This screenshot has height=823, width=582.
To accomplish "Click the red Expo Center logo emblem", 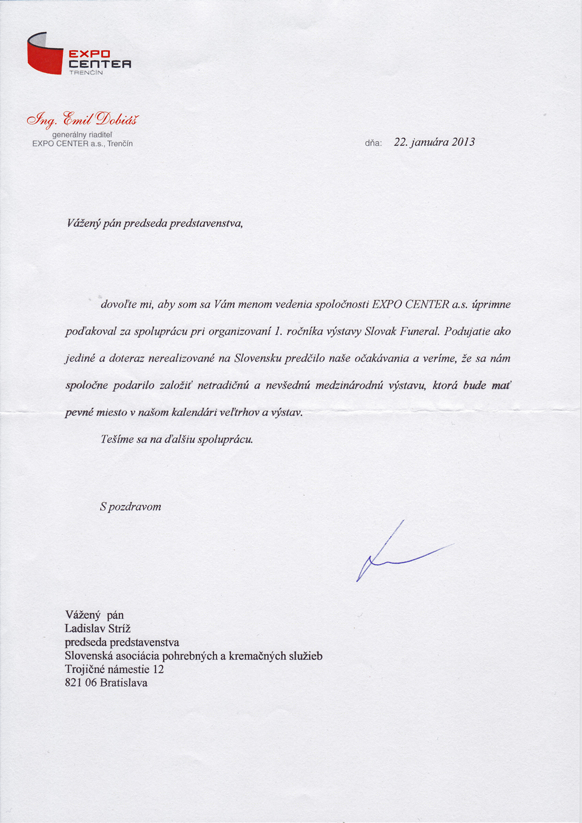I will click(45, 54).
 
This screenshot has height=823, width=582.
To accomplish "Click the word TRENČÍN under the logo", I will click(86, 73).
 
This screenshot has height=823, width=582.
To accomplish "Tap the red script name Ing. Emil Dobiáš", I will click(83, 119).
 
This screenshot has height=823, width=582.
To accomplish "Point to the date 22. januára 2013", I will click(434, 142).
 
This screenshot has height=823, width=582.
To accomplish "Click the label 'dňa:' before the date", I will click(373, 143).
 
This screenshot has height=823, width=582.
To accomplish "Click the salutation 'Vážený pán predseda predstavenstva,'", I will click(154, 223).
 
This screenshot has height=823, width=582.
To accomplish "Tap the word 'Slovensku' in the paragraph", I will click(258, 358).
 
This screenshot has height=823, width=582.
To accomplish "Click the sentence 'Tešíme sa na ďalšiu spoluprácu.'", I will click(177, 439).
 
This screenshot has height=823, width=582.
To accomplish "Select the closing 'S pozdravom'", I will click(130, 507).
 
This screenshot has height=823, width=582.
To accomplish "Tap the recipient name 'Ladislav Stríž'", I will click(98, 629).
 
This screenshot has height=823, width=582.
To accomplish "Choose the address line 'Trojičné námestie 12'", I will click(114, 669).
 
